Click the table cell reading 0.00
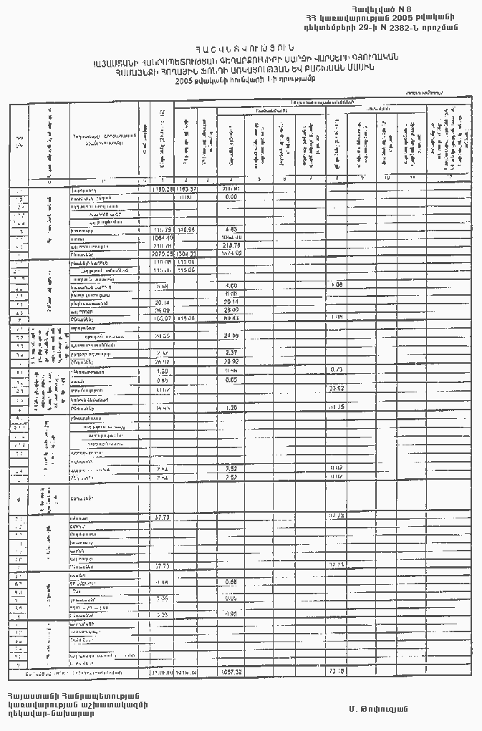click(231, 197)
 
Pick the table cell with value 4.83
click(231, 230)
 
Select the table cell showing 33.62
click(336, 389)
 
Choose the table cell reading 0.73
click(336, 369)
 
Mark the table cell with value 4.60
click(231, 286)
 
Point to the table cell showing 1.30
click(231, 407)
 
